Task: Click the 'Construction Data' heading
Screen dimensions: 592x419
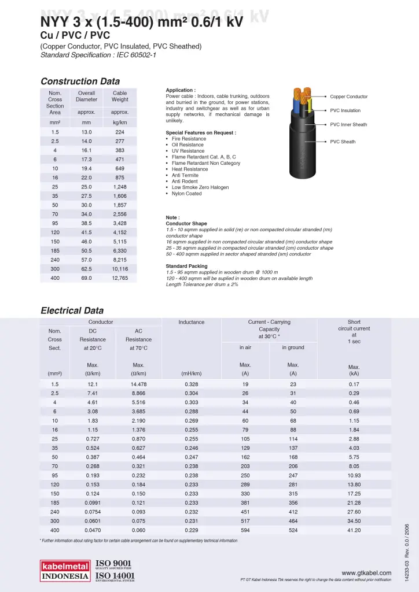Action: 80,82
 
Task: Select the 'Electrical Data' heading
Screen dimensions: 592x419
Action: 72,310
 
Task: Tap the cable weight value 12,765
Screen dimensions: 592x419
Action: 120,278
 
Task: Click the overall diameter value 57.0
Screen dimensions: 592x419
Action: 86,260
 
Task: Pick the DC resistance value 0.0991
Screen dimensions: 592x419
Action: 92,502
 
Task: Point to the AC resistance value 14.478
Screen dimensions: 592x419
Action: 138,384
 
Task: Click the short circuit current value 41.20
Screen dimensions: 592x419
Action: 354,530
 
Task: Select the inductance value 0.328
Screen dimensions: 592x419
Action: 191,384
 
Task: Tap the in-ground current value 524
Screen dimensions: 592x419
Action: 293,530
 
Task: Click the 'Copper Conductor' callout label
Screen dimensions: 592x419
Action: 348,97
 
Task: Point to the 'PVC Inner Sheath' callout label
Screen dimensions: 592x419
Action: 348,124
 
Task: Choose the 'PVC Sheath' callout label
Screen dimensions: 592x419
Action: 343,142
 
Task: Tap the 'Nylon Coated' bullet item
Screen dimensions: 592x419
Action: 186,194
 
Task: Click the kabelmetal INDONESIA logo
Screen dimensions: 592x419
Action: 64,571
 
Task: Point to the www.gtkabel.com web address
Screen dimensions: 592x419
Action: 366,573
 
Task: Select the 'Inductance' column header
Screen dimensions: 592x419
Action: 191,322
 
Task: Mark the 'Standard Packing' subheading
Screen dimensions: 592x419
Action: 186,267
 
